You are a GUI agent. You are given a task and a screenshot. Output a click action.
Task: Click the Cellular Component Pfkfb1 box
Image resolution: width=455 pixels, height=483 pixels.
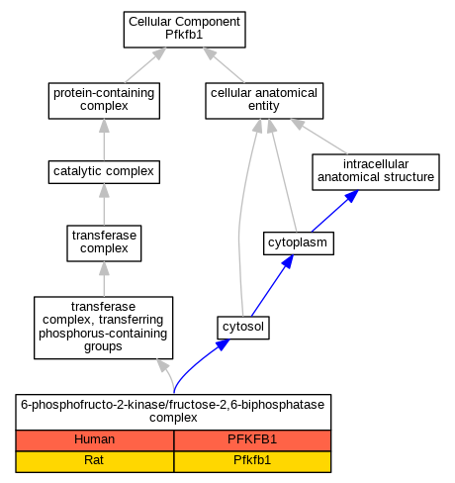coord(184,30)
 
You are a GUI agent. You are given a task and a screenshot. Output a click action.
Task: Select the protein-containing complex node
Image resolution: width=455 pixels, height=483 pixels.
coord(104,101)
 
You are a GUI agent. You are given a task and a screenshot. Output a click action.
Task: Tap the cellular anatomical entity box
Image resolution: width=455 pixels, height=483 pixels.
coord(264,101)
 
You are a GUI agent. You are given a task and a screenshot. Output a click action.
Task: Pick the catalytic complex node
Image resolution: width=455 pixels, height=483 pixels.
coord(104,172)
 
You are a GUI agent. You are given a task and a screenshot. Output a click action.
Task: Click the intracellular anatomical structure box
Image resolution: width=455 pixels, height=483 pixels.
coord(376,172)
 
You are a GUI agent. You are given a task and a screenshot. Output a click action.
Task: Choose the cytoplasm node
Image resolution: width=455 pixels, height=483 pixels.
coord(299,243)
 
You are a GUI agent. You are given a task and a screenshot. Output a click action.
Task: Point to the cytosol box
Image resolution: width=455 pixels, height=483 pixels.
coord(243,328)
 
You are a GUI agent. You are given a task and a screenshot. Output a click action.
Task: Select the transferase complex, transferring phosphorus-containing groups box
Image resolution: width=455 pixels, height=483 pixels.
coord(104,328)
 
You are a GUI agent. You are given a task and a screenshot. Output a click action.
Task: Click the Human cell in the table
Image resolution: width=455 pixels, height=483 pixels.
coord(95,440)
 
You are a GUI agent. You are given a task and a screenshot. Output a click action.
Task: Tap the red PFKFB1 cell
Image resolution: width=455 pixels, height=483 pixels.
coord(252,440)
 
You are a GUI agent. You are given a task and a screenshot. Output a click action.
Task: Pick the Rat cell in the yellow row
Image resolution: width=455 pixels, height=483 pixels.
coord(95,461)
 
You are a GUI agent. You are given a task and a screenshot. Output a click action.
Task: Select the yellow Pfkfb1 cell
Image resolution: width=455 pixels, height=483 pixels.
coord(252,461)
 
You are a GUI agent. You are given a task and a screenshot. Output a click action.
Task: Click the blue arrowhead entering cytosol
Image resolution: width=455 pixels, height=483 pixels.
coord(224,344)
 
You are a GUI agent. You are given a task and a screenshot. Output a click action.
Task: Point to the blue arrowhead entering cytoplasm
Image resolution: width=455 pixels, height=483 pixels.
coord(288,261)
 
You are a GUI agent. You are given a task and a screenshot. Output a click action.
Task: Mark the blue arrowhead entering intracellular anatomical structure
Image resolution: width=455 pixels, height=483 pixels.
coord(352,196)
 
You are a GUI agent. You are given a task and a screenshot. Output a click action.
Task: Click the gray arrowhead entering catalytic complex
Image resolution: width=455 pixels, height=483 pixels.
coord(104,191)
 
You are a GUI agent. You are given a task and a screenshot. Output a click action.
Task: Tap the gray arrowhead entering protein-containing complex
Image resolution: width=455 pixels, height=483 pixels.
coord(104,126)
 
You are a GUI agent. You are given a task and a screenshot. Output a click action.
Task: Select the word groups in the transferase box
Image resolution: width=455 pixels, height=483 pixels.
coord(103,346)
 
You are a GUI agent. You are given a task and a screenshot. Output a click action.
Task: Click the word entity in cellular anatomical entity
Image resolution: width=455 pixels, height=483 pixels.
coord(264,106)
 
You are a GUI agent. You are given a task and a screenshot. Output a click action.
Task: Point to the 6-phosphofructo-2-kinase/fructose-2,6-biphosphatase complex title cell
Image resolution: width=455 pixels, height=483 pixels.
coord(173,412)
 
